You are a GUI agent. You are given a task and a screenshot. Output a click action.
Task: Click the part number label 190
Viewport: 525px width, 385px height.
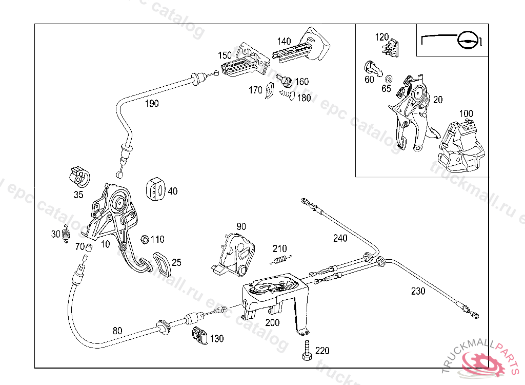[151, 103]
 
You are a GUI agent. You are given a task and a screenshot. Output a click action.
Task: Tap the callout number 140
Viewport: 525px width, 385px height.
[284, 41]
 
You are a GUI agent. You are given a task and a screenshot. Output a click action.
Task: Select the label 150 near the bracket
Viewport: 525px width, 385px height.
[225, 55]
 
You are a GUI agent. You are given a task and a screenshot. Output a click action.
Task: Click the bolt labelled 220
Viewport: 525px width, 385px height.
[307, 352]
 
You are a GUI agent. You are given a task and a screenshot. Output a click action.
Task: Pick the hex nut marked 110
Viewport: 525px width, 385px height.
[145, 239]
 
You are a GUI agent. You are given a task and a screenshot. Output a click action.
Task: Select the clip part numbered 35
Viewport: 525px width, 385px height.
[79, 176]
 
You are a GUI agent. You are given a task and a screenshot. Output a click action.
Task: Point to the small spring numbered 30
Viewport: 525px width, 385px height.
[66, 235]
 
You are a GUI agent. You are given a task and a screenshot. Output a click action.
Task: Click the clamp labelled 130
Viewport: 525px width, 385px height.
[200, 336]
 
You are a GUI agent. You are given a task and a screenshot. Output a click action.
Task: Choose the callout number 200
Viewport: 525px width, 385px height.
[272, 322]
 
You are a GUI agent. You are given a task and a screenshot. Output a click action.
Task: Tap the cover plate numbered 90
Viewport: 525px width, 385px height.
[236, 253]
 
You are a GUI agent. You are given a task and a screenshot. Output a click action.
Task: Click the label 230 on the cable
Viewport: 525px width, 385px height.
[418, 291]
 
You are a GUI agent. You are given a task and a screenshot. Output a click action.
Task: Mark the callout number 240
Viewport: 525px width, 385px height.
[340, 238]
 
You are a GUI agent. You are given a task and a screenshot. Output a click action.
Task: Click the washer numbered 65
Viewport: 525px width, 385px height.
[388, 79]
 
